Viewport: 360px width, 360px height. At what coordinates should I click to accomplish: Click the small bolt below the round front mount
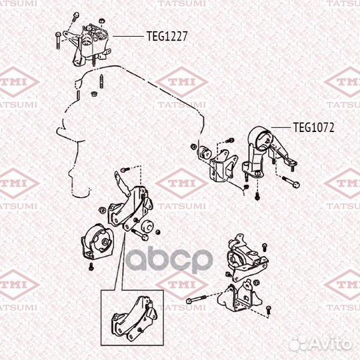pyautogui.click(x=91, y=267)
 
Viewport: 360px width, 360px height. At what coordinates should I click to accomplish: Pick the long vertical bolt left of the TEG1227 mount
pyautogui.click(x=59, y=40)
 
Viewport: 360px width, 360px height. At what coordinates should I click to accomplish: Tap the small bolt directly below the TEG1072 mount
pyautogui.click(x=257, y=195)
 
